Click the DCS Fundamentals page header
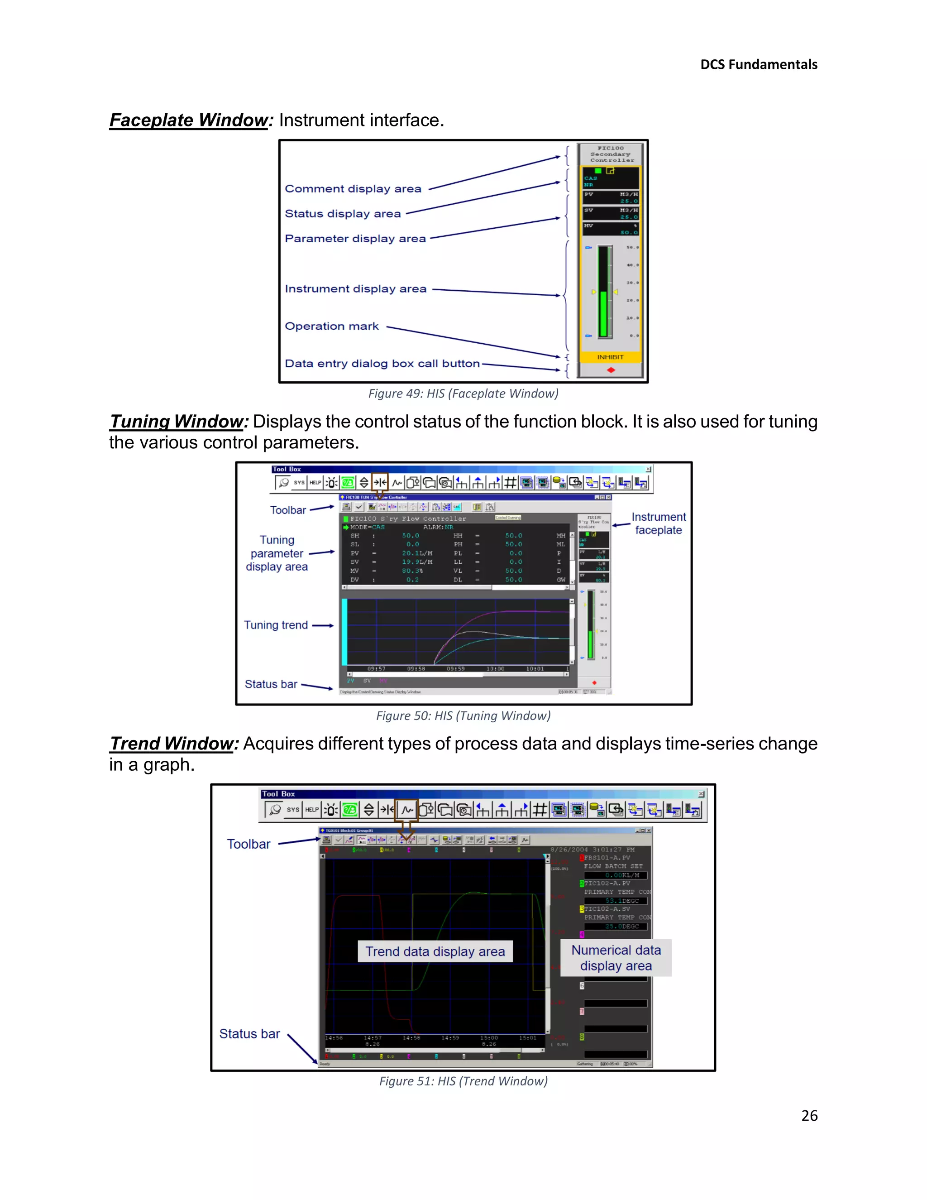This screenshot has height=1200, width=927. [x=759, y=65]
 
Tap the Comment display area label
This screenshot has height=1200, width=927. [x=353, y=188]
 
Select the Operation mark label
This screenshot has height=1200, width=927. [x=332, y=326]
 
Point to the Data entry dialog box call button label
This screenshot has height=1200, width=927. [x=382, y=363]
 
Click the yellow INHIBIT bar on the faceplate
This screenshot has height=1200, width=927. [x=610, y=357]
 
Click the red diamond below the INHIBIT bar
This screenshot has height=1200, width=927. [x=611, y=370]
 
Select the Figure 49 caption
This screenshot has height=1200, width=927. [x=463, y=394]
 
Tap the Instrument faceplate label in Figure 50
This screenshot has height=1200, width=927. [x=659, y=523]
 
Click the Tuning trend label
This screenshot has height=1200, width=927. [x=276, y=625]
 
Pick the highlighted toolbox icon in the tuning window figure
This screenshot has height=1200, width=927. [x=379, y=482]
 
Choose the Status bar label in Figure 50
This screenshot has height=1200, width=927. [x=271, y=684]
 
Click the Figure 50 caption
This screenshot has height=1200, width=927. [x=463, y=715]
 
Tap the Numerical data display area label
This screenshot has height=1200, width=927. [x=616, y=958]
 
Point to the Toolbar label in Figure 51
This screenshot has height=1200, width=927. [x=249, y=844]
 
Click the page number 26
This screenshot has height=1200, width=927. [x=809, y=1115]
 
